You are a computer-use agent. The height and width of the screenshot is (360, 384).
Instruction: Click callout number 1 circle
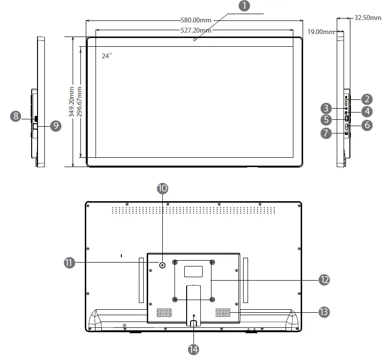point(244,6)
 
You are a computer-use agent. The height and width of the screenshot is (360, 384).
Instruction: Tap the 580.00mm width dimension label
point(196,20)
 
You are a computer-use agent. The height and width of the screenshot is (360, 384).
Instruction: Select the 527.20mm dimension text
point(196,30)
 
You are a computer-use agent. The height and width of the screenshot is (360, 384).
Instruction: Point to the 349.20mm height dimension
point(72,102)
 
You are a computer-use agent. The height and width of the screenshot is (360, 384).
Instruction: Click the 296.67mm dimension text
point(79,102)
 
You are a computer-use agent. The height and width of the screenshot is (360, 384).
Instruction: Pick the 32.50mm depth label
point(367,18)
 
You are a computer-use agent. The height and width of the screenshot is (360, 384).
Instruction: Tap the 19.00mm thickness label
point(321,32)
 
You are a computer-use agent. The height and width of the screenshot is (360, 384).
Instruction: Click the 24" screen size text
point(107,56)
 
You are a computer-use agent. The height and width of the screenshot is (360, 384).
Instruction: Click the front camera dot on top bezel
point(195,39)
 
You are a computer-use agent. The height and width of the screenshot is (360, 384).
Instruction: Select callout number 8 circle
point(16,116)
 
